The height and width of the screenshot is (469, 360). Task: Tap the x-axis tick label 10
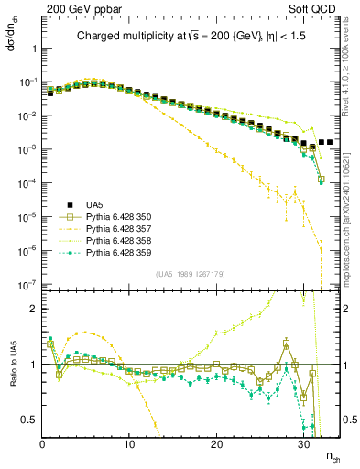click(x=129, y=444)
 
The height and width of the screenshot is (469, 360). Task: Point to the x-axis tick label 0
click(x=42, y=444)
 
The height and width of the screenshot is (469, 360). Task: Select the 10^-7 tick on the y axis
click(x=27, y=285)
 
